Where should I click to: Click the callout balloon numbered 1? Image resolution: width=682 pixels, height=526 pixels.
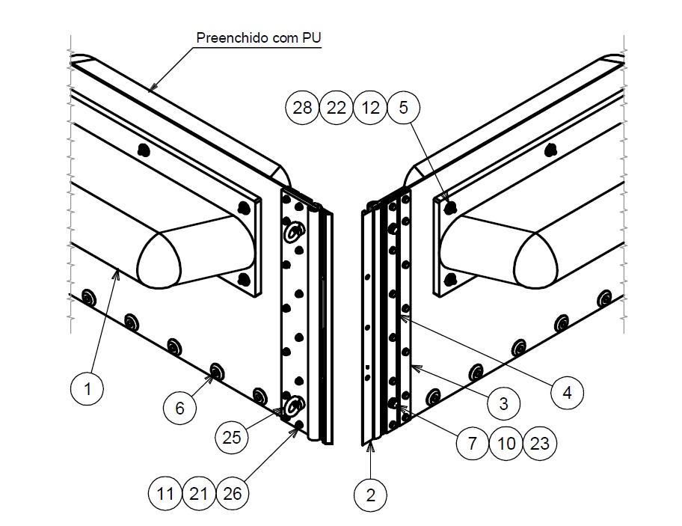click(87, 388)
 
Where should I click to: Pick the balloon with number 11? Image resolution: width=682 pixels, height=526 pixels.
click(165, 494)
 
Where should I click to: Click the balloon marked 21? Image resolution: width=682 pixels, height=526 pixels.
click(199, 494)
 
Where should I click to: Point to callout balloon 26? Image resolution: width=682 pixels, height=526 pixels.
click(233, 494)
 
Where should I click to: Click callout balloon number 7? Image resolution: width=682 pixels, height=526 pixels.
click(473, 444)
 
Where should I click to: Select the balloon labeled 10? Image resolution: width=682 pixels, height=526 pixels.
click(506, 444)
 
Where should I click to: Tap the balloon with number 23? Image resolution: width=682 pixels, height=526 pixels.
click(539, 444)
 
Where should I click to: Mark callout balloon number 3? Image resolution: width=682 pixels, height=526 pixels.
click(503, 404)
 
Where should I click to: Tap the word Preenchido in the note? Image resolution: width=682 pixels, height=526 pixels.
click(225, 37)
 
